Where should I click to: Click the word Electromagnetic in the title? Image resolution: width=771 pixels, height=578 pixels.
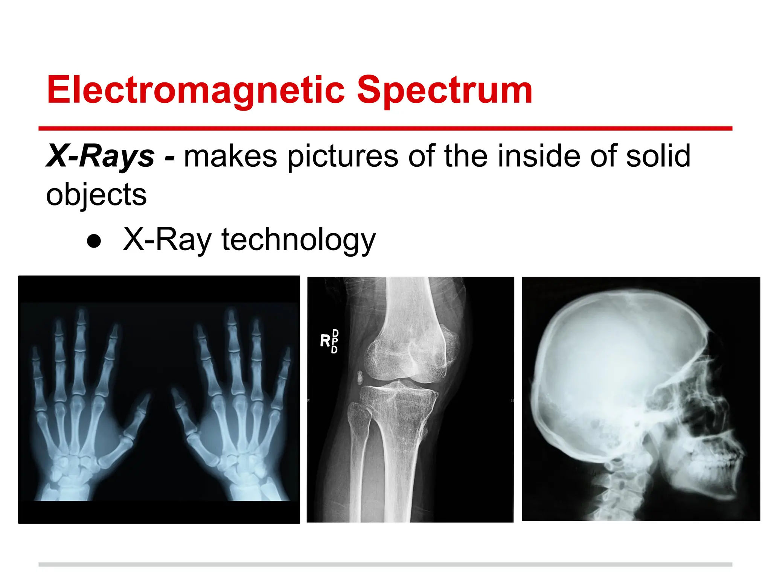point(196,90)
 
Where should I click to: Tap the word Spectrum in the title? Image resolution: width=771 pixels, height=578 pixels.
point(444,90)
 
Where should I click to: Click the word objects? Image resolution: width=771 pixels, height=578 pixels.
point(96,195)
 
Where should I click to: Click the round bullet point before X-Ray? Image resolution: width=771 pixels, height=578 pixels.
point(94,241)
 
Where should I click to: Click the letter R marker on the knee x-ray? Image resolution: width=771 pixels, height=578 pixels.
point(325,341)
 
